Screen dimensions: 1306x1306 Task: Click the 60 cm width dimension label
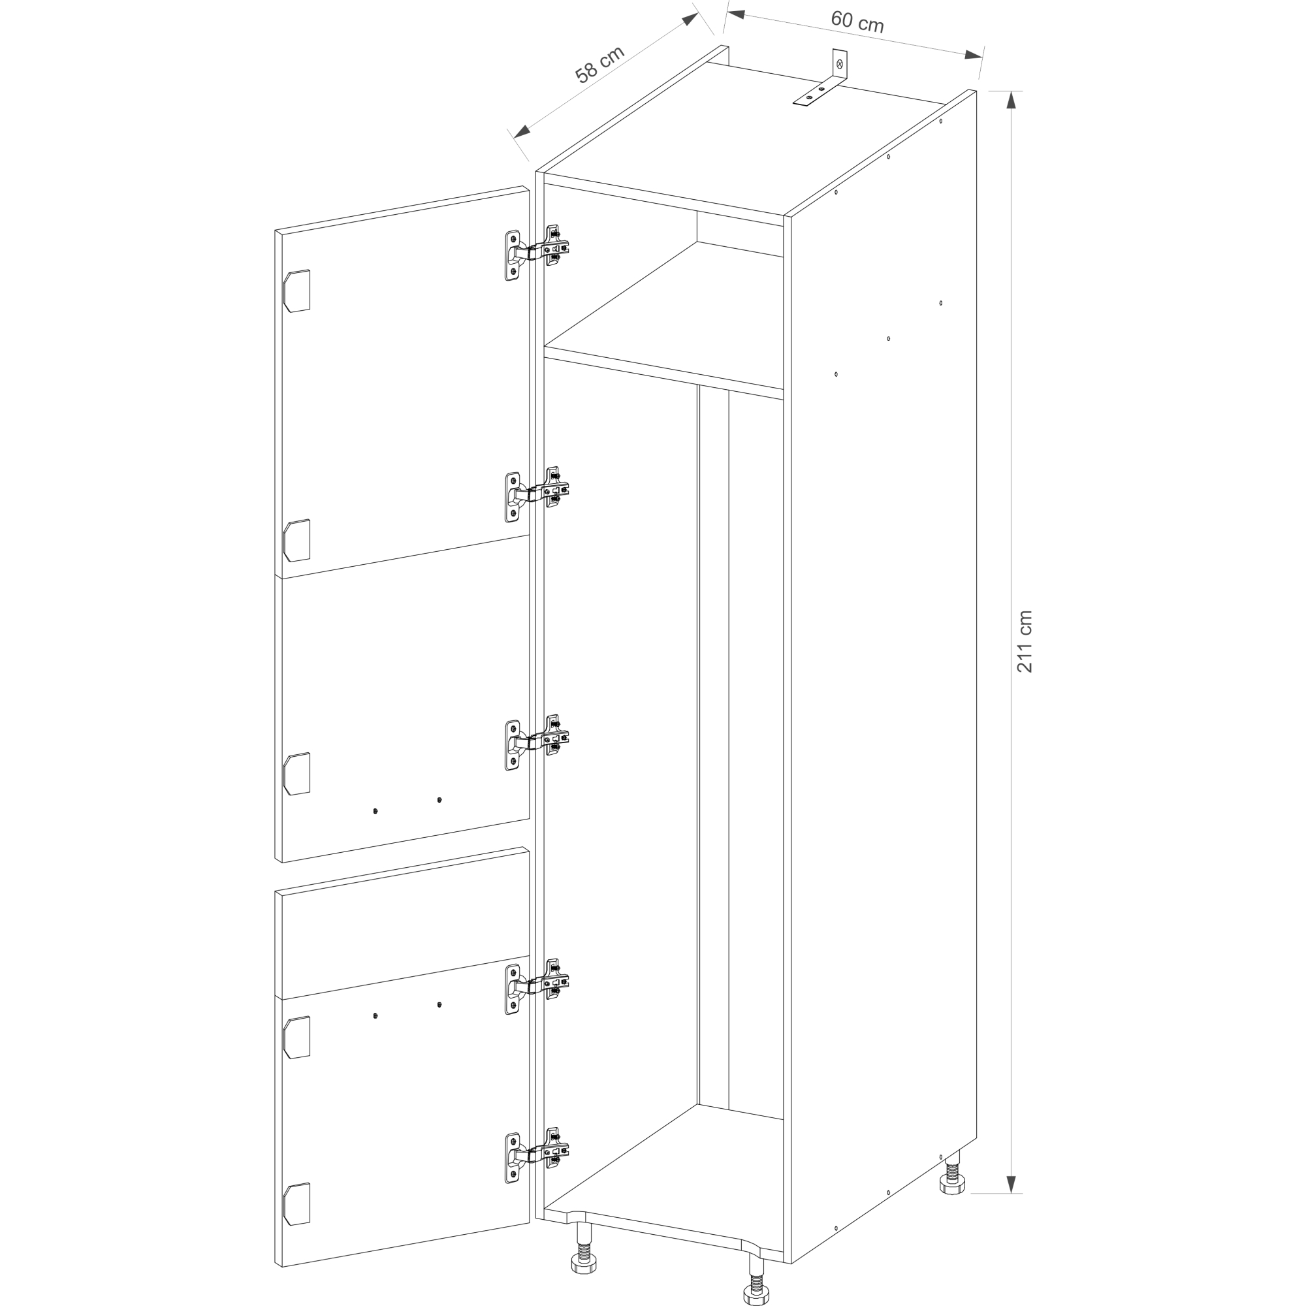coord(857,22)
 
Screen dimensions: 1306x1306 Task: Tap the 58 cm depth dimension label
coord(599,63)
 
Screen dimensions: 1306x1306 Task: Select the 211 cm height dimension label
coord(1025,641)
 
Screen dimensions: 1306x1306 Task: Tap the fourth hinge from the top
coord(538,986)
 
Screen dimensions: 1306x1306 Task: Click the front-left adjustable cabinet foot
coord(584,1255)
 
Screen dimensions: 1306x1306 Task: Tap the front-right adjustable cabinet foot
coord(756,1282)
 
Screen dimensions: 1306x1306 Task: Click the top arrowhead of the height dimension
coord(1011,99)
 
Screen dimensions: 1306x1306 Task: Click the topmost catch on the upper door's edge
coord(296,291)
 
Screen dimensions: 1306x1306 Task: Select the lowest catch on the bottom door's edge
coord(296,1204)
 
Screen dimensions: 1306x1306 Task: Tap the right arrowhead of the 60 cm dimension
coord(974,55)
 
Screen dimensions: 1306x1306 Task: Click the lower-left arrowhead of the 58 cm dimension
coord(522,132)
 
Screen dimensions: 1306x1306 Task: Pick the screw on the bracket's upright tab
coord(840,64)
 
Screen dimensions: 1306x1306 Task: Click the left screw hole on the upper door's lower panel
coord(375,810)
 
